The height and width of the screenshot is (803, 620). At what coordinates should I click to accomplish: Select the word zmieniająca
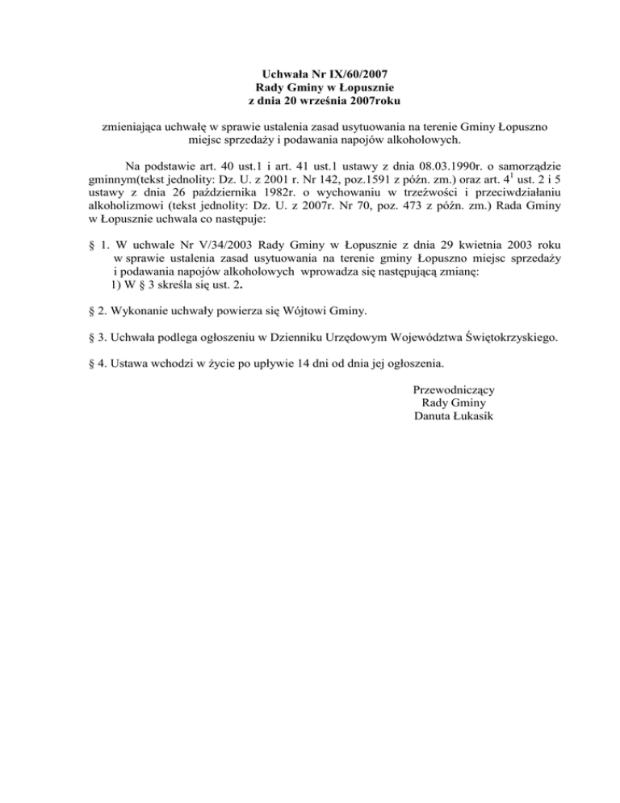point(134,127)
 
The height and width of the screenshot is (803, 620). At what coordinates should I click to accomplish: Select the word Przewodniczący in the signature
point(454,389)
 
